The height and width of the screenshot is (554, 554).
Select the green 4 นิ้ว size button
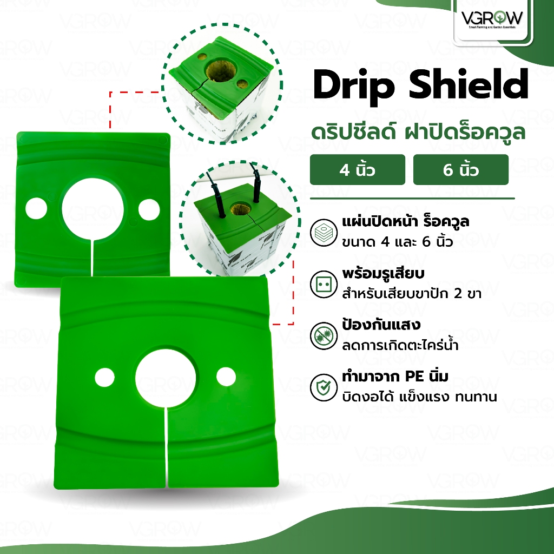click(x=357, y=170)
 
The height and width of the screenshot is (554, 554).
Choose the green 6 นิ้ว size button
click(x=460, y=170)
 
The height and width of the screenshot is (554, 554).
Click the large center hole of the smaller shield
click(x=89, y=207)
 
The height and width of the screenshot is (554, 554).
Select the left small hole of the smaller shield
click(x=36, y=207)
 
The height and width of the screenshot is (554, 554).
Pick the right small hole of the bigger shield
click(x=223, y=375)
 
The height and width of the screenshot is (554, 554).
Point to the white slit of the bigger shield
click(x=166, y=449)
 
